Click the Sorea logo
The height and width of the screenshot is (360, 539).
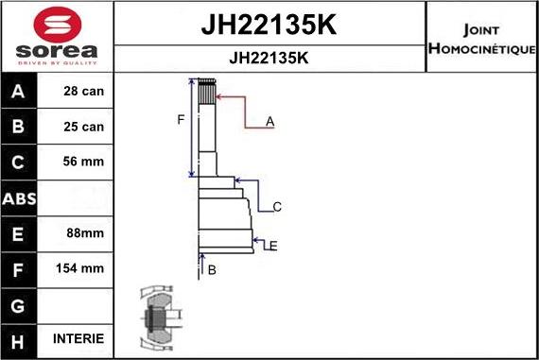pyautogui.click(x=57, y=37)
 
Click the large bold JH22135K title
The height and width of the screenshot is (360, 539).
pyautogui.click(x=269, y=24)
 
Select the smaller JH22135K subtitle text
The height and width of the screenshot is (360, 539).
pyautogui.click(x=269, y=58)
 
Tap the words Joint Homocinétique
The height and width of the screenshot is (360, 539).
pyautogui.click(x=482, y=38)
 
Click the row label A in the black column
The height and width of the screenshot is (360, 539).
pyautogui.click(x=20, y=92)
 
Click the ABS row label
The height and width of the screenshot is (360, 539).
pyautogui.click(x=20, y=197)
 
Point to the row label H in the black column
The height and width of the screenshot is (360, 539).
pyautogui.click(x=20, y=338)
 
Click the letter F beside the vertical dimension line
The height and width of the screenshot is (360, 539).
pyautogui.click(x=180, y=120)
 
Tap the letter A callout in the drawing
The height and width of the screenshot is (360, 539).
pyautogui.click(x=269, y=122)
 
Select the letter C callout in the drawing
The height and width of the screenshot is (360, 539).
pyautogui.click(x=277, y=207)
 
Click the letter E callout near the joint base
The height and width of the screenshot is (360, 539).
pyautogui.click(x=272, y=247)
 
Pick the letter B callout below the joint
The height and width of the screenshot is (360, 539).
pyautogui.click(x=212, y=270)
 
